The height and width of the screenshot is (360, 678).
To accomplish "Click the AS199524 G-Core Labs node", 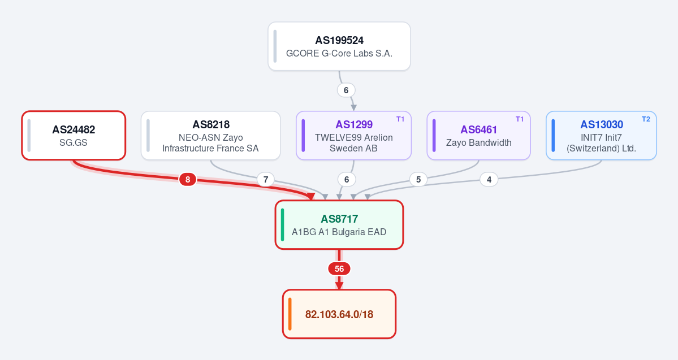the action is point(339,46).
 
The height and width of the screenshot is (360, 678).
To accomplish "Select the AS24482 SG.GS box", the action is point(74,135).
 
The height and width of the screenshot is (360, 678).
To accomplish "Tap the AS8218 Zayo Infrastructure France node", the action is point(210,135).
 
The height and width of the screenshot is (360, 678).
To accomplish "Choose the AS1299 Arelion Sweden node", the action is point(353,135).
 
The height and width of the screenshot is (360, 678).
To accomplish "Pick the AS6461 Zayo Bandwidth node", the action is point(478,135).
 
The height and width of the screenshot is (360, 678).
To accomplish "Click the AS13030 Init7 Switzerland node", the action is point(601,135).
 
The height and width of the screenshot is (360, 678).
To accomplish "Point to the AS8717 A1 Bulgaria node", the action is point(339,225).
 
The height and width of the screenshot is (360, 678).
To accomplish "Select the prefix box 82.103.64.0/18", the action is point(339,314).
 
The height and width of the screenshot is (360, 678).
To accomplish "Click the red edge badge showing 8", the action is point(188,179).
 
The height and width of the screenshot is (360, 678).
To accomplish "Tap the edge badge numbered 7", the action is point(266,179).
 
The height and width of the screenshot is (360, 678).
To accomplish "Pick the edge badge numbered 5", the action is point(418,179).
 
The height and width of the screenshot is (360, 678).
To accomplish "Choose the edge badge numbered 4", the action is point(489,179).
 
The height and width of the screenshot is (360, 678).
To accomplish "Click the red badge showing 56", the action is point(339,269).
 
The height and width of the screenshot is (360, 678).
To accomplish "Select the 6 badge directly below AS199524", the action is point(346,90).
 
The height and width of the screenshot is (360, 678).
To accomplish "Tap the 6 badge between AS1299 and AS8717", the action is point(346,179).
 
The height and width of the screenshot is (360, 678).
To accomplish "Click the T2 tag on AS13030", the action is point(646,119).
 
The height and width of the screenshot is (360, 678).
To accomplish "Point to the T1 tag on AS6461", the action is point(520,119).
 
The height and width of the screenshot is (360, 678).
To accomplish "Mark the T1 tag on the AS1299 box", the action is point(400,119).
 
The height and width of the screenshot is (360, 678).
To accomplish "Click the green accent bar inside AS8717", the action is point(282,225).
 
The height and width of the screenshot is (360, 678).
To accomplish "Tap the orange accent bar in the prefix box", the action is point(290,314).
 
